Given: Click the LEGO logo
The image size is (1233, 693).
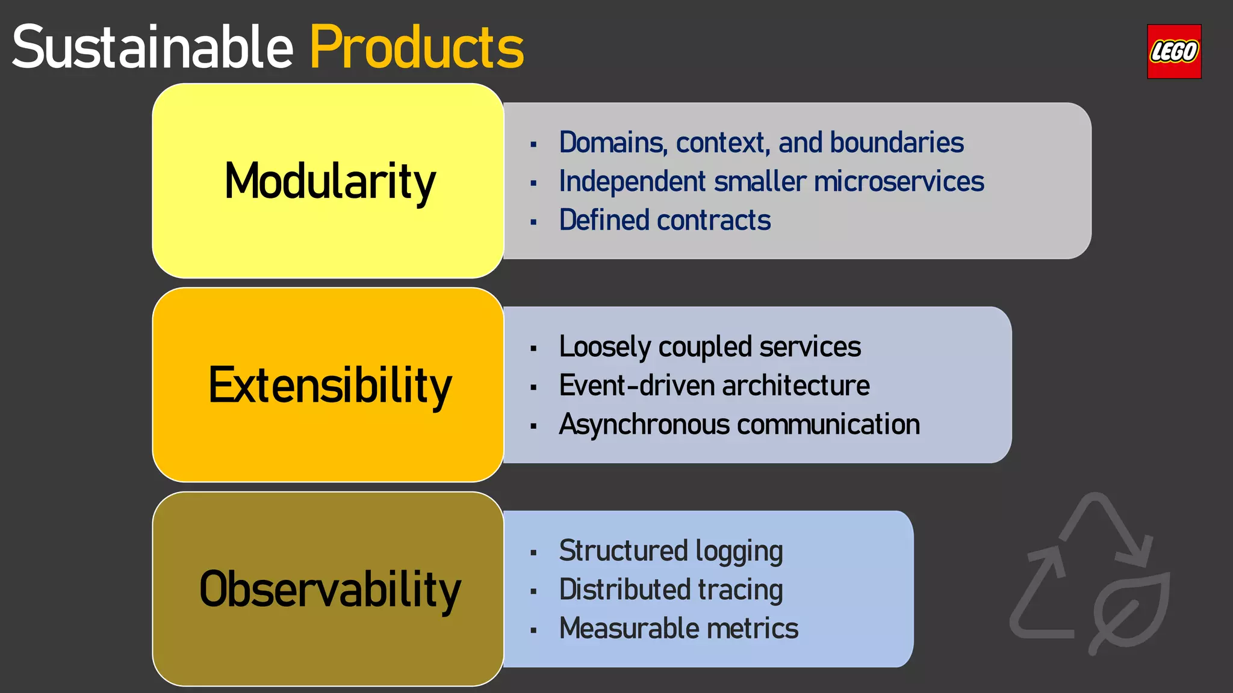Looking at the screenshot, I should click(1173, 52).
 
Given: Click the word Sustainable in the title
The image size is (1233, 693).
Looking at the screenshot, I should click(152, 48).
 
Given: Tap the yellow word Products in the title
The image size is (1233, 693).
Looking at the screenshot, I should click(417, 48).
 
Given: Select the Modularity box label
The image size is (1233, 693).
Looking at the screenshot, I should click(329, 181).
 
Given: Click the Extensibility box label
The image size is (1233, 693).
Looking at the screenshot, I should click(329, 386).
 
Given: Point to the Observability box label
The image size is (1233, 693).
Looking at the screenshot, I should click(329, 590).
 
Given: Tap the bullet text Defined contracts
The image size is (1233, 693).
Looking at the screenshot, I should click(664, 220).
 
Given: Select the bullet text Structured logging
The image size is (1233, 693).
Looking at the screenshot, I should click(670, 551).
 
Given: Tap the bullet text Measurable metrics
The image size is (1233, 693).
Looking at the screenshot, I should click(678, 629).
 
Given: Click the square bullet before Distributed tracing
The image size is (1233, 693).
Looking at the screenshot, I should click(533, 591).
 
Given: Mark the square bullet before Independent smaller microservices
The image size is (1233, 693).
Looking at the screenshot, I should click(533, 183).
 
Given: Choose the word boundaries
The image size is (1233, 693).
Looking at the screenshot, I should click(896, 143).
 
